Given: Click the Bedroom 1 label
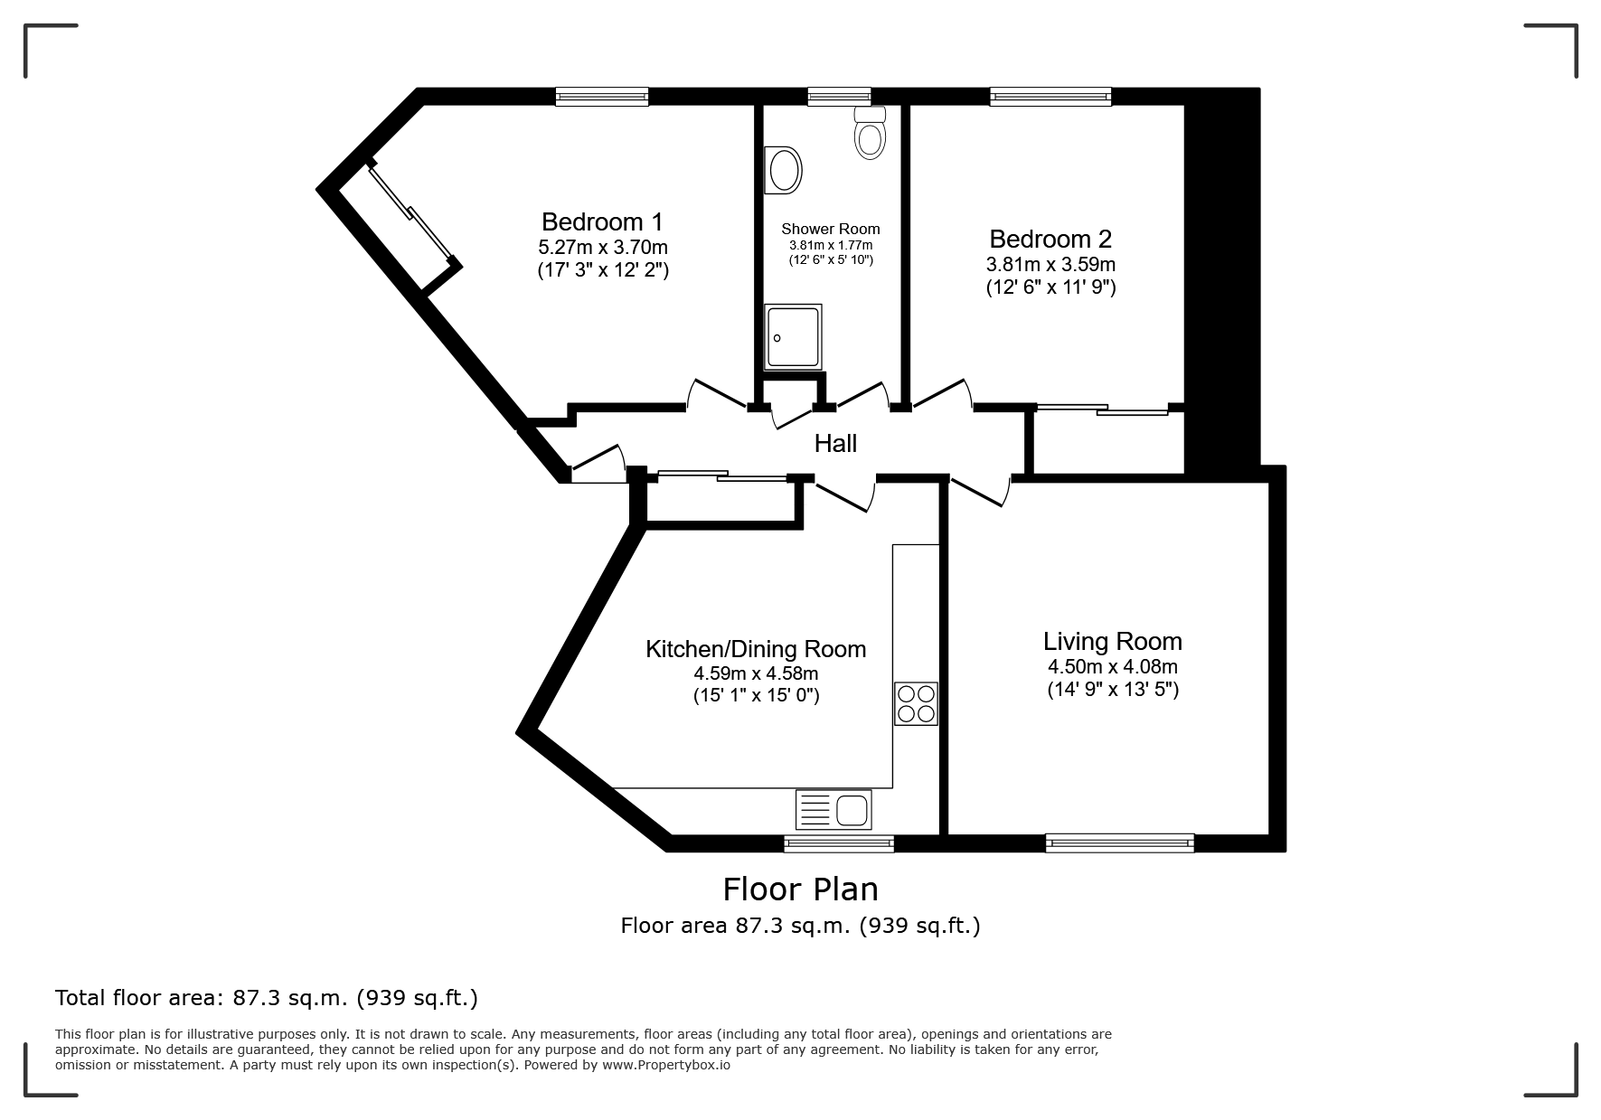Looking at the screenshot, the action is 602,221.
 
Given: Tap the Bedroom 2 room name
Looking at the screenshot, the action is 1050,240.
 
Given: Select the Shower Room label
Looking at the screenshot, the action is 831,229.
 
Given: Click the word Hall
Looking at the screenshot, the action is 835,444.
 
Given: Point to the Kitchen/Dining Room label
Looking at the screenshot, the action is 756,649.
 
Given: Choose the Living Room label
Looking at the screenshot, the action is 1113,642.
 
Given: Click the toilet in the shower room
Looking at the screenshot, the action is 870,132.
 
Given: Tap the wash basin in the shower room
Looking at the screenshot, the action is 783,171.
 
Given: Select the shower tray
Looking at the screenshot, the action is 794,337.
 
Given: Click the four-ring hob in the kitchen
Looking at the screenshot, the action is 917,703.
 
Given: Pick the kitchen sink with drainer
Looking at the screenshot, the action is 833,809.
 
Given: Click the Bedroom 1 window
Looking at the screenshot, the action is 602,97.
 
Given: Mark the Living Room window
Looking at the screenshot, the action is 1119,842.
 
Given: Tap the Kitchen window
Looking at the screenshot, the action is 839,843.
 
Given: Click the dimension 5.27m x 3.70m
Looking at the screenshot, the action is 603,247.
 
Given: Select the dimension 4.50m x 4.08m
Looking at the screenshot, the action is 1113,667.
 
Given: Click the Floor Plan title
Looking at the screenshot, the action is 800,889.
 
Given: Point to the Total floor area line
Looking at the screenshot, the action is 267,998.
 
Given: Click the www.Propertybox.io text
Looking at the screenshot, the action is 666,1065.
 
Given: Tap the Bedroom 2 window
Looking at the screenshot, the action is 1050,97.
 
